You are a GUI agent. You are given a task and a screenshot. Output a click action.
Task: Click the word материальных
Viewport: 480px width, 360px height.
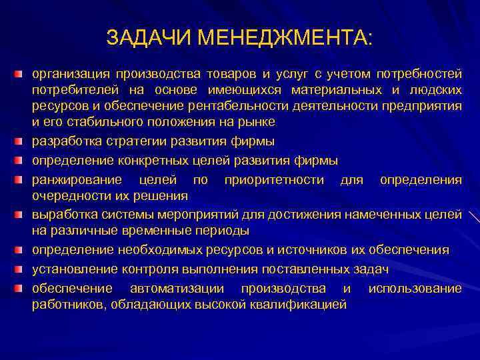343,89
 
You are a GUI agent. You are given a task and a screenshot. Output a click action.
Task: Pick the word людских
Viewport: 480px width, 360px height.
435,89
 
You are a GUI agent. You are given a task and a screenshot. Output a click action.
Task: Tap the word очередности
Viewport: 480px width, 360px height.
71,196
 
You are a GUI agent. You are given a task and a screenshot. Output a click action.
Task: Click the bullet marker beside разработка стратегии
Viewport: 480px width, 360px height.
23,141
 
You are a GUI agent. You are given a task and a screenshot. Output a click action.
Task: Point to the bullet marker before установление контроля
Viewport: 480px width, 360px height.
23,269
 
